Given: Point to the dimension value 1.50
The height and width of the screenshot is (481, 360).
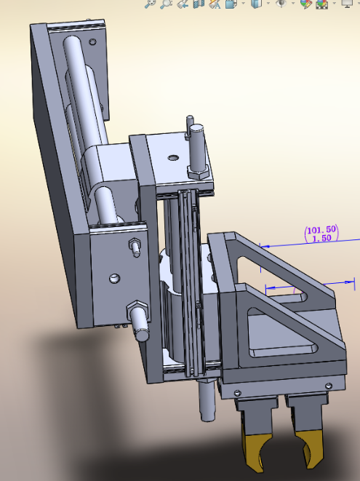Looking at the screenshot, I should [x=321, y=239].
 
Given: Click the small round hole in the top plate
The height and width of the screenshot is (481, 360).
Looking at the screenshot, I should [x=172, y=156].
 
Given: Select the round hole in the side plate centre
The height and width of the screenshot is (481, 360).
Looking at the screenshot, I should [x=114, y=277].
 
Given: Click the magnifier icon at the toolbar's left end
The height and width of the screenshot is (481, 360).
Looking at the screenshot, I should [x=151, y=4].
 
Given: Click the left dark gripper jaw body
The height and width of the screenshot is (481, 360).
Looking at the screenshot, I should [x=255, y=416].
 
